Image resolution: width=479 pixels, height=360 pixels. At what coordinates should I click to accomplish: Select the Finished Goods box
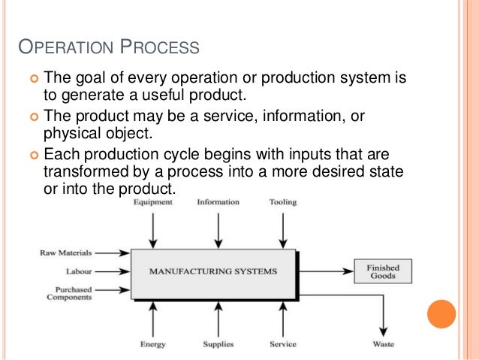[383, 271]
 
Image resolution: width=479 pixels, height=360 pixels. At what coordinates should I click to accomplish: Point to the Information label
[218, 202]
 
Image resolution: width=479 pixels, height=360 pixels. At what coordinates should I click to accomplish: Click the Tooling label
[282, 202]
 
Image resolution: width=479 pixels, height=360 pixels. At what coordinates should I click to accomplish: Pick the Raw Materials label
[65, 253]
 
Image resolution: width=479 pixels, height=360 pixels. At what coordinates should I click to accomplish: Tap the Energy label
[152, 344]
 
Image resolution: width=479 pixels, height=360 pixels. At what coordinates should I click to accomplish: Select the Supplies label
[218, 344]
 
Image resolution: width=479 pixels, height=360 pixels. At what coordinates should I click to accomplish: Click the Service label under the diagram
[282, 344]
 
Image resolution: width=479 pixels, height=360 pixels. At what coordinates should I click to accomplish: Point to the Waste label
[383, 344]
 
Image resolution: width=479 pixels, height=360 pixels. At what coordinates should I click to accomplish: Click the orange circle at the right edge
[441, 313]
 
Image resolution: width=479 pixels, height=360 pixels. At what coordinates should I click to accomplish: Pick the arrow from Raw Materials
[113, 253]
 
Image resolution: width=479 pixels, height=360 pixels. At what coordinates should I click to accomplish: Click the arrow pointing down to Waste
[383, 316]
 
